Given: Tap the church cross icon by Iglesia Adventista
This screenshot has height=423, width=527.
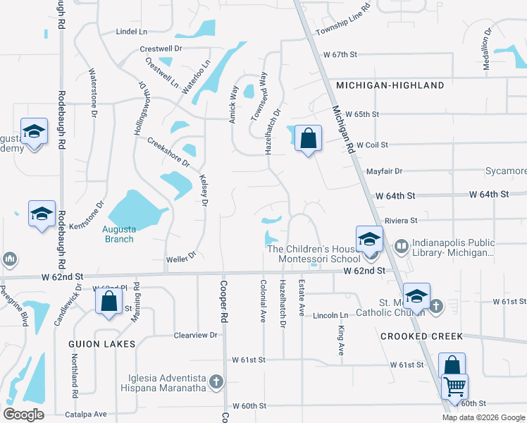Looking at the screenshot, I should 216,382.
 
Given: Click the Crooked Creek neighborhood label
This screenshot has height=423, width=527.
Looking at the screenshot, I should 421,336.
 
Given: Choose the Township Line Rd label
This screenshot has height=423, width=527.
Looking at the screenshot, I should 343,20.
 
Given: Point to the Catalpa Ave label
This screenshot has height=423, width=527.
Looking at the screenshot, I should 85,414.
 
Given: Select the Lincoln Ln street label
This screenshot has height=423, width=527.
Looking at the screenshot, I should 330,315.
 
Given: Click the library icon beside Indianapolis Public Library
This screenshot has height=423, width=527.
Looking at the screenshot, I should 402,246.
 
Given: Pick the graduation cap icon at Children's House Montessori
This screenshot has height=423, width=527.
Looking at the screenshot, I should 369,239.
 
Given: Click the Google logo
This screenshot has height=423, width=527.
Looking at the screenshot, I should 23,415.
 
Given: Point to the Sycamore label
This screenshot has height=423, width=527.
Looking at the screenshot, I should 506,171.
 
